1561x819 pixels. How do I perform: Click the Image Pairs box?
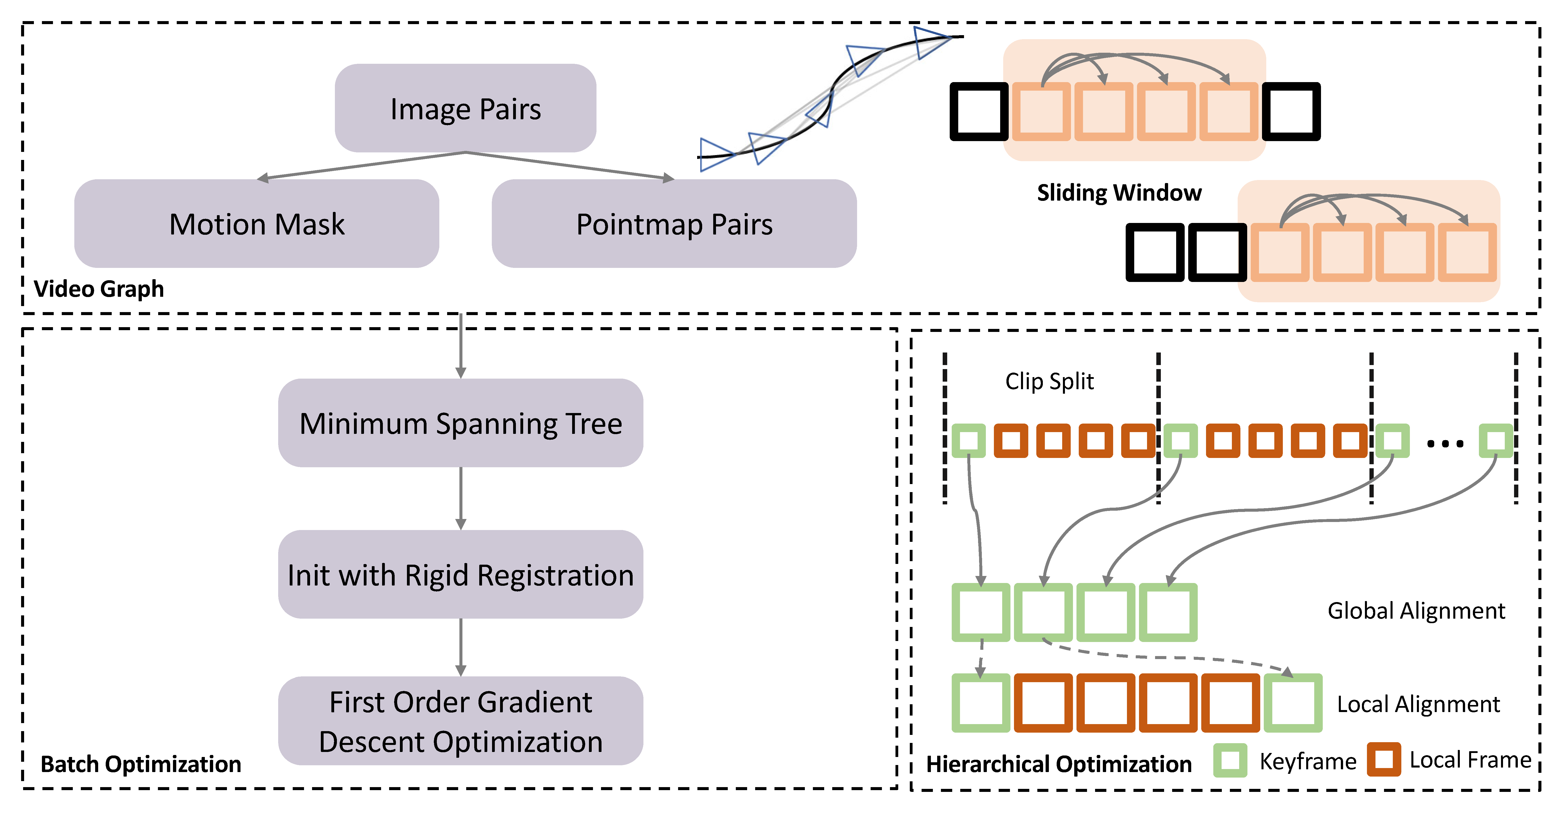[x=465, y=108]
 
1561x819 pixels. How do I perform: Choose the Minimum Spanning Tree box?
[x=461, y=423]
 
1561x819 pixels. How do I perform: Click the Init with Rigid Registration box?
[x=461, y=575]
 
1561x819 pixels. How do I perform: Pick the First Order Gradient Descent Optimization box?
[x=461, y=721]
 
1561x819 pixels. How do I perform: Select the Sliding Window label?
[x=1119, y=193]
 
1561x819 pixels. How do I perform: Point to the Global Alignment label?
[x=1416, y=610]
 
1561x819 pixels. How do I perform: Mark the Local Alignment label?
[x=1418, y=704]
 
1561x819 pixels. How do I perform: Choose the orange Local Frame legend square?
[x=1384, y=759]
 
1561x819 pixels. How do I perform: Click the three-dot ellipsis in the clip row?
[x=1445, y=444]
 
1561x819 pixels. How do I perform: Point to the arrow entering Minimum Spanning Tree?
[x=461, y=345]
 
